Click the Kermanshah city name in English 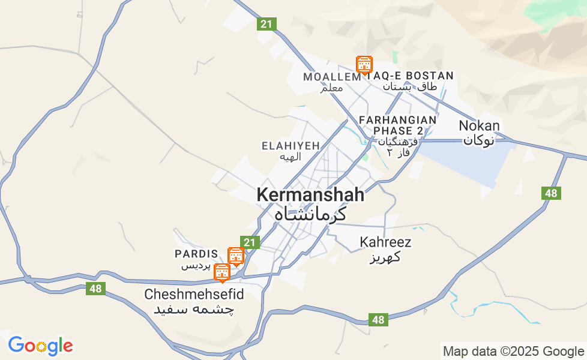310,195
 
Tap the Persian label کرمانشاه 310,214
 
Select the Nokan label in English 479,126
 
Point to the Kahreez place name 385,242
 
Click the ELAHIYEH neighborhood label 290,146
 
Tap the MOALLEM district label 331,77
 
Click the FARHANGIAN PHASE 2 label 398,125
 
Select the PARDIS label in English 196,254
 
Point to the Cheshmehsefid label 194,295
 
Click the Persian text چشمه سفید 194,310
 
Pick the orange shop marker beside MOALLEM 364,64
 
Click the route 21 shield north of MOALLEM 267,25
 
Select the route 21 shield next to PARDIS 251,242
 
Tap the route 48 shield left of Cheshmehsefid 95,289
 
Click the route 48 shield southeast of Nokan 551,193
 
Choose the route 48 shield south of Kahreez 378,320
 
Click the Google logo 40,346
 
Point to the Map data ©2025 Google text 513,352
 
